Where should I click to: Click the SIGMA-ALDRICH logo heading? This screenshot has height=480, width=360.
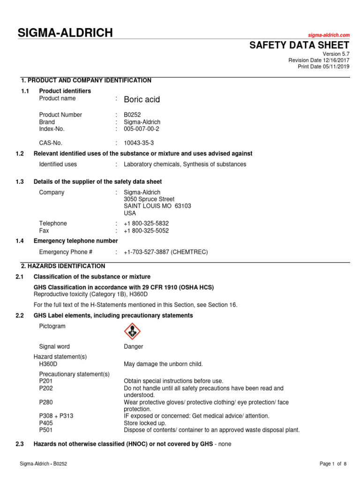pos(65,33)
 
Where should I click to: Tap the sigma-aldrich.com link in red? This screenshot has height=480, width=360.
pos(329,36)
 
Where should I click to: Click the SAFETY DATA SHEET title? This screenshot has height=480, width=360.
pos(299,45)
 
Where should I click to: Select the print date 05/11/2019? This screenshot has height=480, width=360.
pos(335,67)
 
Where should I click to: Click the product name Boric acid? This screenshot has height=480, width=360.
pos(142,99)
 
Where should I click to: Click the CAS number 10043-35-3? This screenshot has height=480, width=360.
pos(139,143)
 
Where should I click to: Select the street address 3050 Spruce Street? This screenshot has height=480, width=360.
pos(149,199)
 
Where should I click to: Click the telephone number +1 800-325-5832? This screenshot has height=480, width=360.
pos(146,224)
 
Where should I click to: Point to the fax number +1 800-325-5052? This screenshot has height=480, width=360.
pos(146,231)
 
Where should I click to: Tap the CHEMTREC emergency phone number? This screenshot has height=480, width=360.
pos(165,252)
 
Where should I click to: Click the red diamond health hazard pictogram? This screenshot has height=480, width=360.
pos(132,332)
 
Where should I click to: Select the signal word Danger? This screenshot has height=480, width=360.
pos(134,347)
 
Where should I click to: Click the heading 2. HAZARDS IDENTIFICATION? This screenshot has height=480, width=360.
pos(63,266)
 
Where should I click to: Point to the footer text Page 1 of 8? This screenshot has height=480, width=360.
pos(333,464)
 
